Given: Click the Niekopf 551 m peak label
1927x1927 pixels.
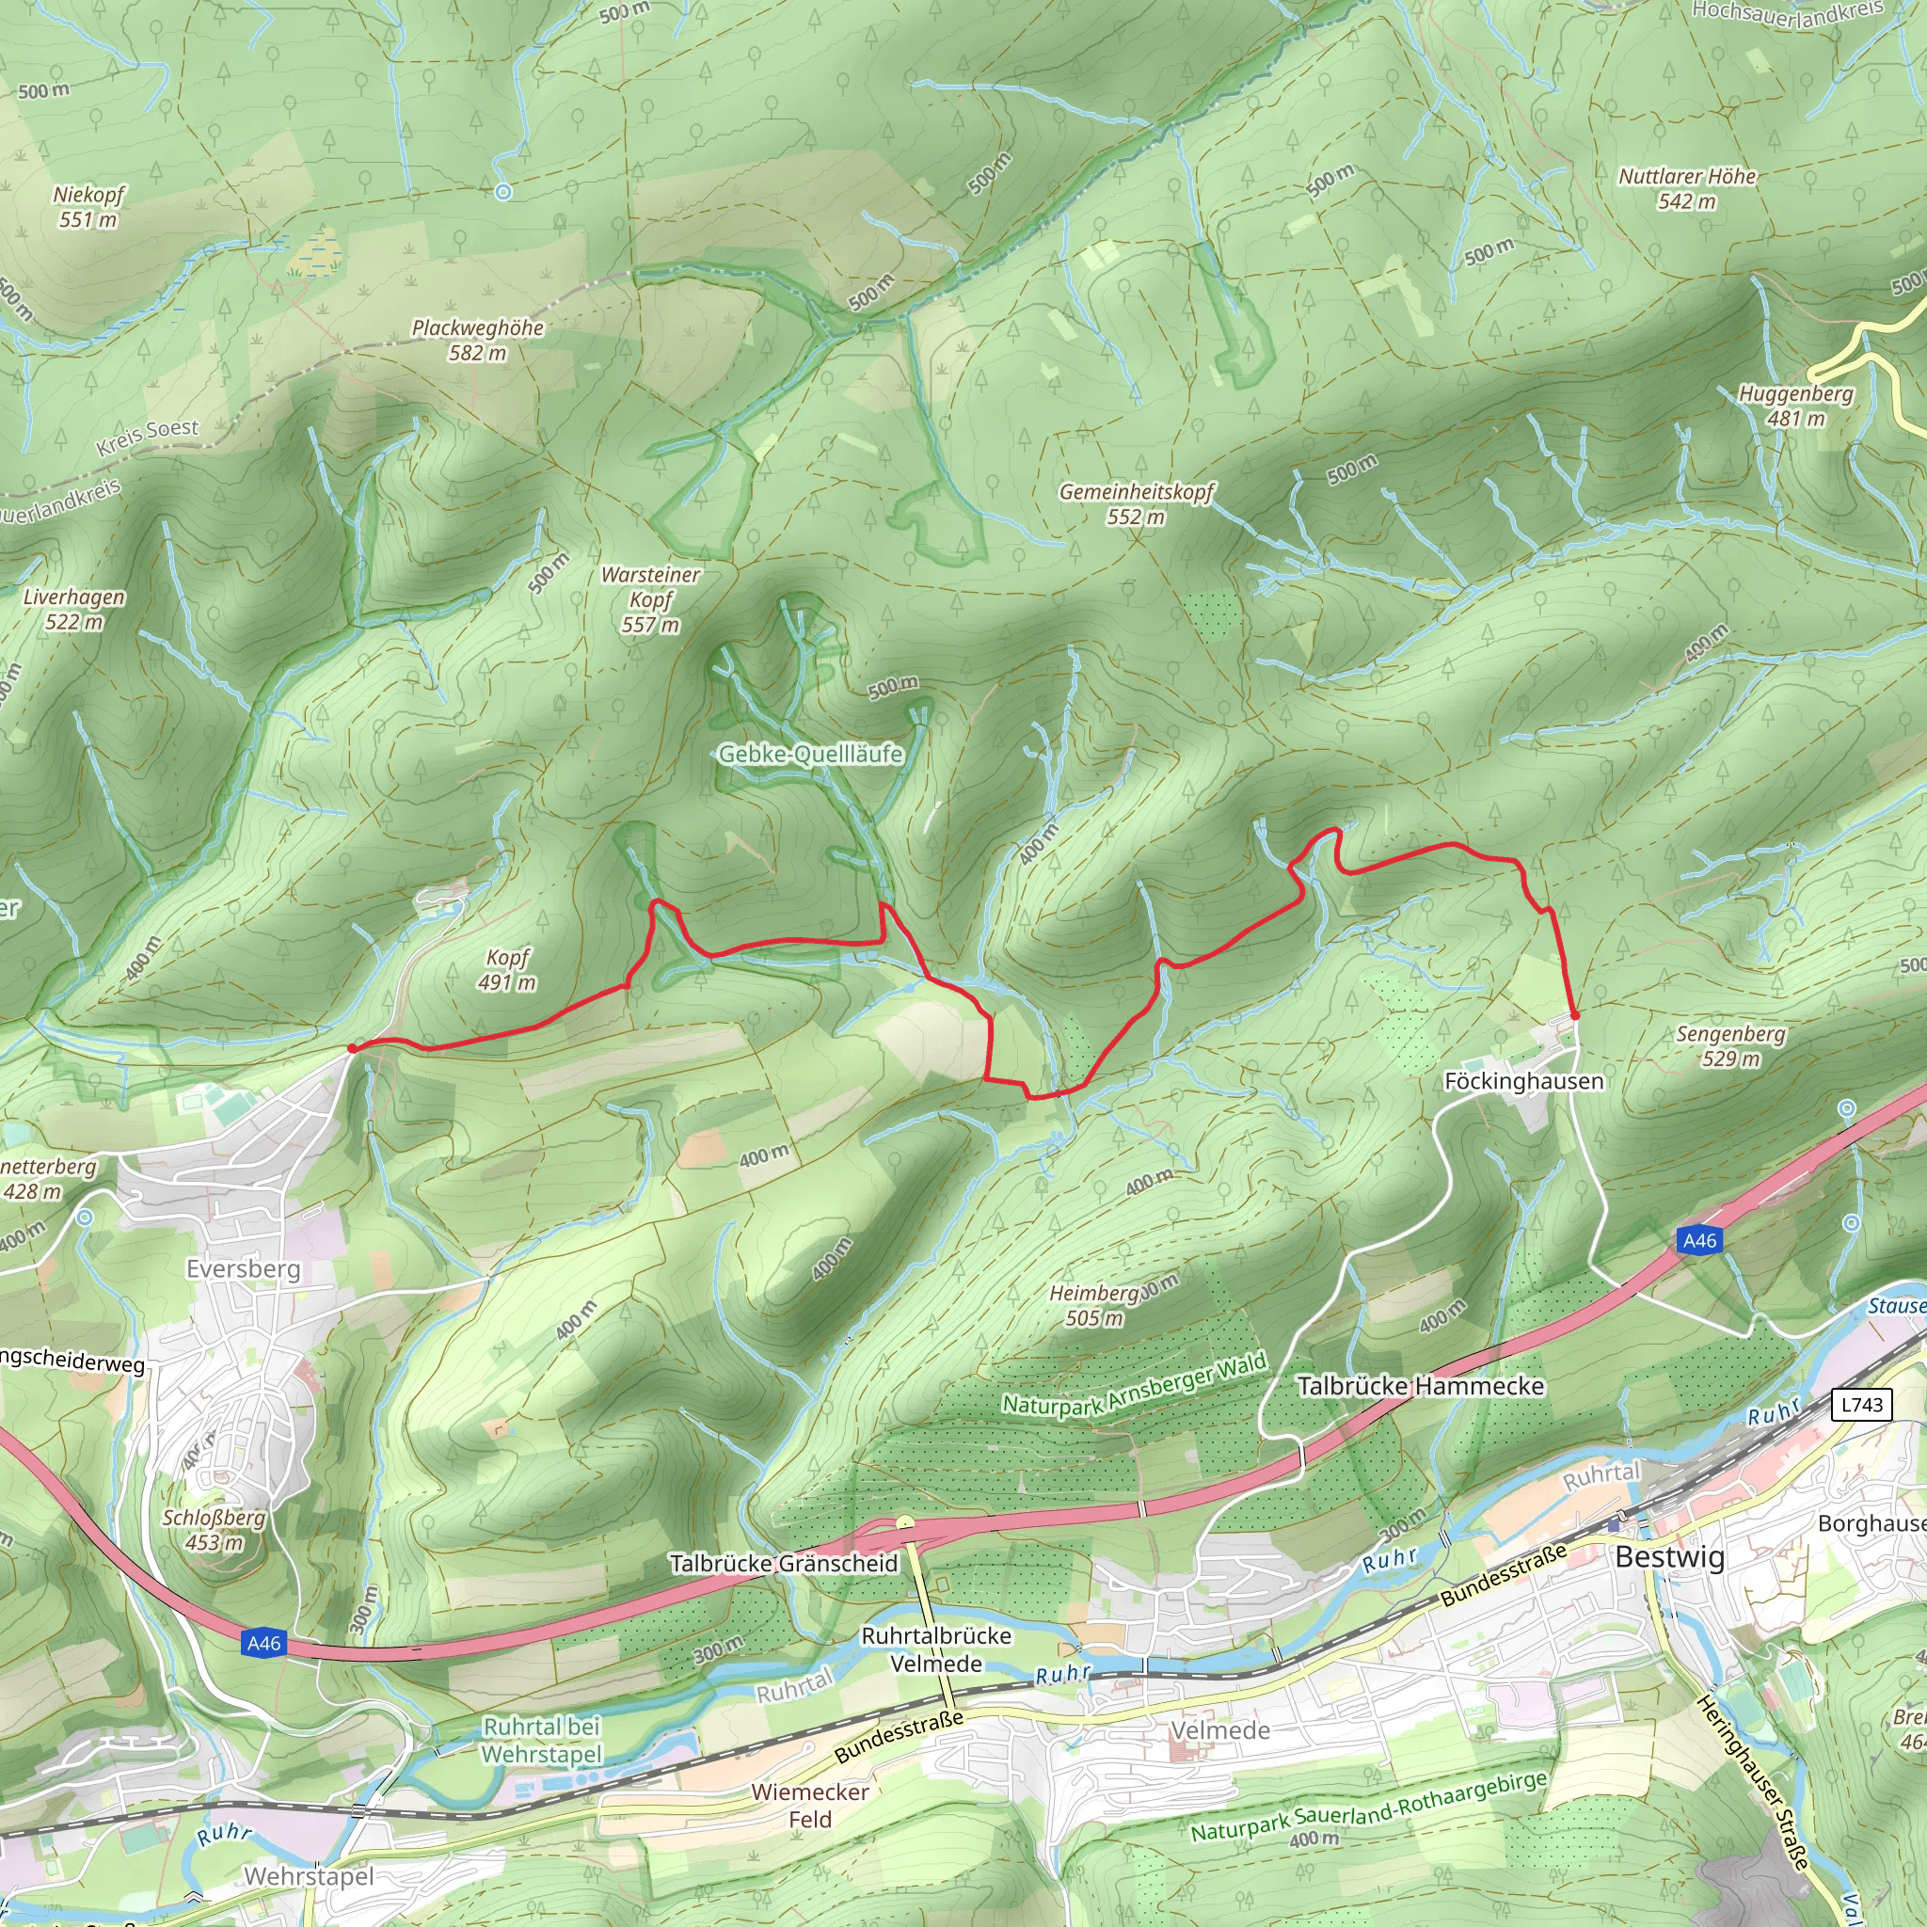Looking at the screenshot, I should click(88, 206).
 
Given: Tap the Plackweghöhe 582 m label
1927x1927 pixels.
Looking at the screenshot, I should click(478, 340).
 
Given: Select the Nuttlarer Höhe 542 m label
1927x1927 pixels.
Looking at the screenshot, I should click(1687, 188).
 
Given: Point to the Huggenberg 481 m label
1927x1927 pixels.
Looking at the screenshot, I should click(1795, 405).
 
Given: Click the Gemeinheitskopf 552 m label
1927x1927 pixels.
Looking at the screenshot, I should click(1136, 503).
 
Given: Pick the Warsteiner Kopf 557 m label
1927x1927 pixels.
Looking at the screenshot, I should click(650, 599).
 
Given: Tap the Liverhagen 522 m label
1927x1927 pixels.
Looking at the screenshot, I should click(75, 609).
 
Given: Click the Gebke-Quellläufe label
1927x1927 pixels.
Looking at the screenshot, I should click(810, 754).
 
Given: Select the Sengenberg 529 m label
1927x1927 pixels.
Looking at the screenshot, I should click(1730, 1045).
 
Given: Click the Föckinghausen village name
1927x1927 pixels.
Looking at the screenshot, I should click(1523, 1081).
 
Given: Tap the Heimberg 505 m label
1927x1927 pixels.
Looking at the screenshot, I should click(1094, 1306).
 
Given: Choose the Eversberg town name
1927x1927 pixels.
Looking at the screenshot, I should click(244, 1268).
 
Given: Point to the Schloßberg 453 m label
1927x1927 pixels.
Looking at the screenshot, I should click(215, 1530).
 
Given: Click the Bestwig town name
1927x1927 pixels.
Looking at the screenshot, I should click(1670, 1557).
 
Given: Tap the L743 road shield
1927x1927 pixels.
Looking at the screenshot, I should click(1861, 1406).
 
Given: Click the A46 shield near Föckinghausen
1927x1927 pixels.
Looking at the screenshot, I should click(1699, 1241).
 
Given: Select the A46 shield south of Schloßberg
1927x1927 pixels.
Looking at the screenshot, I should click(264, 1644).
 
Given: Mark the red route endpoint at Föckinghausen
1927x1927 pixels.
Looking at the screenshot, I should click(1575, 1015).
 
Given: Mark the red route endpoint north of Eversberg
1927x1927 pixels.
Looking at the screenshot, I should click(352, 1048).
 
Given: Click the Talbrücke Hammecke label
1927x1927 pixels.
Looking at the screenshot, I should click(1420, 1386).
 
